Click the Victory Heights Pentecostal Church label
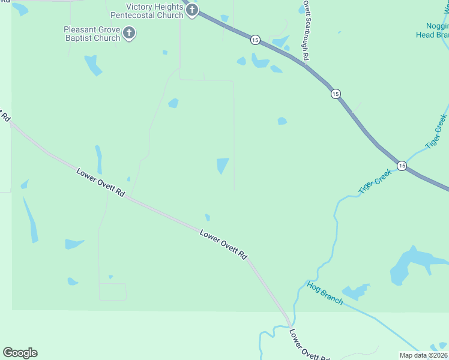click(154, 11)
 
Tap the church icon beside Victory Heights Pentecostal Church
click(192, 10)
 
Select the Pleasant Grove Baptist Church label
click(92, 34)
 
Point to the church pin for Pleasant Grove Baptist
click(129, 33)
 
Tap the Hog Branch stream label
click(325, 293)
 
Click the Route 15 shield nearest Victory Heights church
click(256, 40)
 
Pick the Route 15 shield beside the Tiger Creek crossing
click(402, 165)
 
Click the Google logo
click(20, 353)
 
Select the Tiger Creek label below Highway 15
click(375, 181)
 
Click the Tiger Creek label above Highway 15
click(436, 131)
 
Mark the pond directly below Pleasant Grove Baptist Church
click(93, 65)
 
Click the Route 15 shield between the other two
click(336, 94)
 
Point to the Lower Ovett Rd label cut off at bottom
click(310, 344)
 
